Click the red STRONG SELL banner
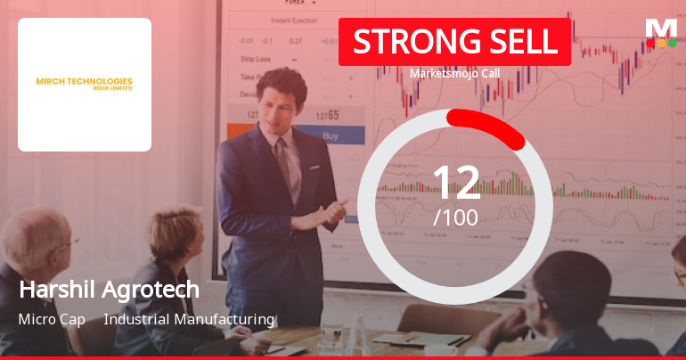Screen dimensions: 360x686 (454, 42)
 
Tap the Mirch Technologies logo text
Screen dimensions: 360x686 (85, 83)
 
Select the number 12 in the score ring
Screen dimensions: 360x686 (456, 183)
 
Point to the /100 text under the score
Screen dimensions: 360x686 (455, 217)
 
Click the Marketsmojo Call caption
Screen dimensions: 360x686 (454, 73)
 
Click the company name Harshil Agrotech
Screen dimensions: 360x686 (109, 290)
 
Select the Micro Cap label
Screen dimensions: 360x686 (51, 319)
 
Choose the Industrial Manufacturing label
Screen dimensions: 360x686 (189, 319)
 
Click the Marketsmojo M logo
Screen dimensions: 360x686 (660, 28)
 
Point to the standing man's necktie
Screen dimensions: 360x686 (284, 165)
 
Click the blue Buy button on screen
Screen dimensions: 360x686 (330, 136)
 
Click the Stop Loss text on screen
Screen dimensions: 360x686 (257, 59)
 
